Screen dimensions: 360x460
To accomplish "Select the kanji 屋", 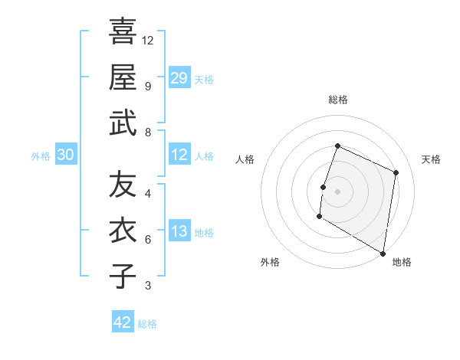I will point(123,77).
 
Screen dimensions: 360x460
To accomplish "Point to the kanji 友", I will point(123,184).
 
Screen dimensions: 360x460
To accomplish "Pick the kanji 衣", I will point(123,230).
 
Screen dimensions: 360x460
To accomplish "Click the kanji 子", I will point(123,277).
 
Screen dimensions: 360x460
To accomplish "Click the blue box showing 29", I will point(179,77).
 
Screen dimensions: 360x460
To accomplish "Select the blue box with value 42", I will point(123,322).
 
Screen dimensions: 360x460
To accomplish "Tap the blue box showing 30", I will point(65,155).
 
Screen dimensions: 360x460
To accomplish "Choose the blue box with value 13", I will point(179,231).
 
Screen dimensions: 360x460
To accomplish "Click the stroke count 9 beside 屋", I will point(147,86).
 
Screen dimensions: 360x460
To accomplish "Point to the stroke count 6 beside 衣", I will point(147,240).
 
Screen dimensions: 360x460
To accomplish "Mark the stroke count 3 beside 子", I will point(147,286).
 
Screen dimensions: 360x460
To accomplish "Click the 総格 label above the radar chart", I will point(338,100).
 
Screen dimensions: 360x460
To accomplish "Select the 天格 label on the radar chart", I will point(432,159).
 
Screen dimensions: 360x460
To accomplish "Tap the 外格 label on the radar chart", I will point(270,262).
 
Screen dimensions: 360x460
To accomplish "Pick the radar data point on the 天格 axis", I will point(396,172).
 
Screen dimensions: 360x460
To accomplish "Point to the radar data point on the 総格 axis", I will point(337,146).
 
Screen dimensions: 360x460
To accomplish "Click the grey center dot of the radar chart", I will point(337,191).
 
